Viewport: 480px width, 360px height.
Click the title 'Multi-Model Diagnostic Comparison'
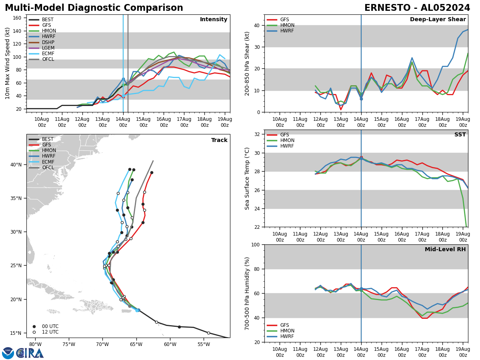pos(94,8)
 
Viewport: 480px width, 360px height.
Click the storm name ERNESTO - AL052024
pos(417,8)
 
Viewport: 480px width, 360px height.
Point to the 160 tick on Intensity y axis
pos(18,18)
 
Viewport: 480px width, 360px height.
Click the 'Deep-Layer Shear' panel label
pos(438,20)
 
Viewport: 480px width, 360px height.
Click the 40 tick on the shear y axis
pos(256,26)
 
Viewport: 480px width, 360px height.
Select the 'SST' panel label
pos(460,135)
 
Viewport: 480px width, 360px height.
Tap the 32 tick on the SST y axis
pos(256,134)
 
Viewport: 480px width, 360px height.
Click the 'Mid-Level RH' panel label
pos(445,250)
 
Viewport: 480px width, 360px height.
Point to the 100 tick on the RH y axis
pos(254,245)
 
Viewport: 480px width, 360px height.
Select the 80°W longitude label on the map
pos(35,344)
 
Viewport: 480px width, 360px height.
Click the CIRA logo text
pos(30,353)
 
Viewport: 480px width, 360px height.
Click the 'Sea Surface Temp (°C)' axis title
pos(248,178)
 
